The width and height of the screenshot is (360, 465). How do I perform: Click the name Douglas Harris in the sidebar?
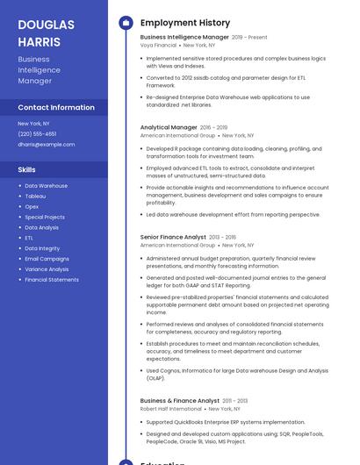tap(46, 33)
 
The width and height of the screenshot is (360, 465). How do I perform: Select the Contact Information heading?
tap(56, 107)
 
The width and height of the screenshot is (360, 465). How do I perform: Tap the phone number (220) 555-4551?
tap(37, 133)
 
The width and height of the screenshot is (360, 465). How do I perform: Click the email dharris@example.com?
tap(46, 144)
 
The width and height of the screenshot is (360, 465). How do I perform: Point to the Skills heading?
tap(27, 168)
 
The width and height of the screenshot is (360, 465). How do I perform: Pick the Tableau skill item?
tap(35, 197)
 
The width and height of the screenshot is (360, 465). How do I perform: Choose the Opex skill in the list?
tap(32, 207)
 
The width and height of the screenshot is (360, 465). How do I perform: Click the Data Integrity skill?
tap(42, 248)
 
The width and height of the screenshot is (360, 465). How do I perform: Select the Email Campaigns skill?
tap(47, 259)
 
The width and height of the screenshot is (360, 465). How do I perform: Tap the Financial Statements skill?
tap(52, 280)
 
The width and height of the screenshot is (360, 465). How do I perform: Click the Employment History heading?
tap(185, 23)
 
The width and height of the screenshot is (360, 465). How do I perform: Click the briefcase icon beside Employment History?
tap(126, 23)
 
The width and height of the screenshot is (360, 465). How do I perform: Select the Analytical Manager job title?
tap(169, 127)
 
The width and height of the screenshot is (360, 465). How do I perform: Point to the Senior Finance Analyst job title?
tap(173, 237)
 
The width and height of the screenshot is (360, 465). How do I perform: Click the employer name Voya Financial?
tap(158, 45)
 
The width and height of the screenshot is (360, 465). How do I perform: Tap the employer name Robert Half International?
tap(170, 409)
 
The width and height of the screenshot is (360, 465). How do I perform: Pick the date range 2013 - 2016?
tap(222, 237)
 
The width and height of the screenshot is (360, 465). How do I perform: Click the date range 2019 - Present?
tap(249, 38)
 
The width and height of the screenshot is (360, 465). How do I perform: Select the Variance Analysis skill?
tap(47, 269)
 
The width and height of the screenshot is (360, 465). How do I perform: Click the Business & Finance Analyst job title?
tap(180, 401)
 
